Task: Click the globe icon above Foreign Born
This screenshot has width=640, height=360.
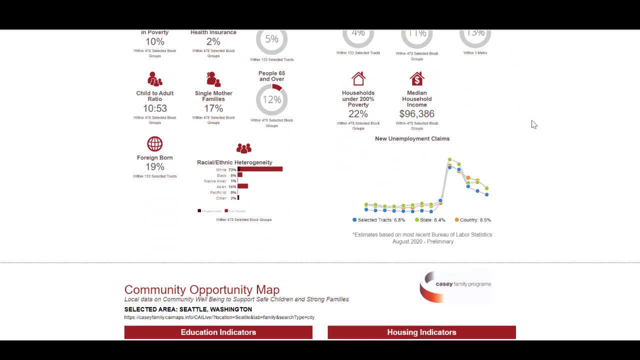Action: click(155, 144)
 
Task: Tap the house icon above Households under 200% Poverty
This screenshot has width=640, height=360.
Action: click(358, 79)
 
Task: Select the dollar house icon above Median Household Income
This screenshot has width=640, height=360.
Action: click(417, 79)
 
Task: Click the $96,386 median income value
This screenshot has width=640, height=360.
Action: click(417, 114)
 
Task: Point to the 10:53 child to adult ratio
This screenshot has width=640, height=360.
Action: click(155, 108)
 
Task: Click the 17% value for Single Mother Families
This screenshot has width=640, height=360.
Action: click(213, 108)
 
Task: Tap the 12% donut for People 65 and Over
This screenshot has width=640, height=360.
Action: click(271, 99)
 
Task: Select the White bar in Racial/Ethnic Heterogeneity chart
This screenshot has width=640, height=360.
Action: click(260, 169)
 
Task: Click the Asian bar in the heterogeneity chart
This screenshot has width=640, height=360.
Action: click(243, 186)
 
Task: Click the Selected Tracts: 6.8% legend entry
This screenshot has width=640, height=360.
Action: click(378, 220)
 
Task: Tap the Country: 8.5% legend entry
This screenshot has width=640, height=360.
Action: click(472, 220)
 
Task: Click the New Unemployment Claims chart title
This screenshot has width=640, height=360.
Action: click(412, 138)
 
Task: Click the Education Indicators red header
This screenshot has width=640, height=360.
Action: click(218, 332)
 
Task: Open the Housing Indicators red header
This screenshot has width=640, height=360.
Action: click(421, 332)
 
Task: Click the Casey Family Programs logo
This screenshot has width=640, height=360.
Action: click(455, 286)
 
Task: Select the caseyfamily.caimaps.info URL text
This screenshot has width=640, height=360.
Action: click(219, 317)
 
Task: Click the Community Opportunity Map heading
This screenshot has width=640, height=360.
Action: click(202, 289)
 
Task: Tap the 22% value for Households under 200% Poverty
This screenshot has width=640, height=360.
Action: click(358, 114)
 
